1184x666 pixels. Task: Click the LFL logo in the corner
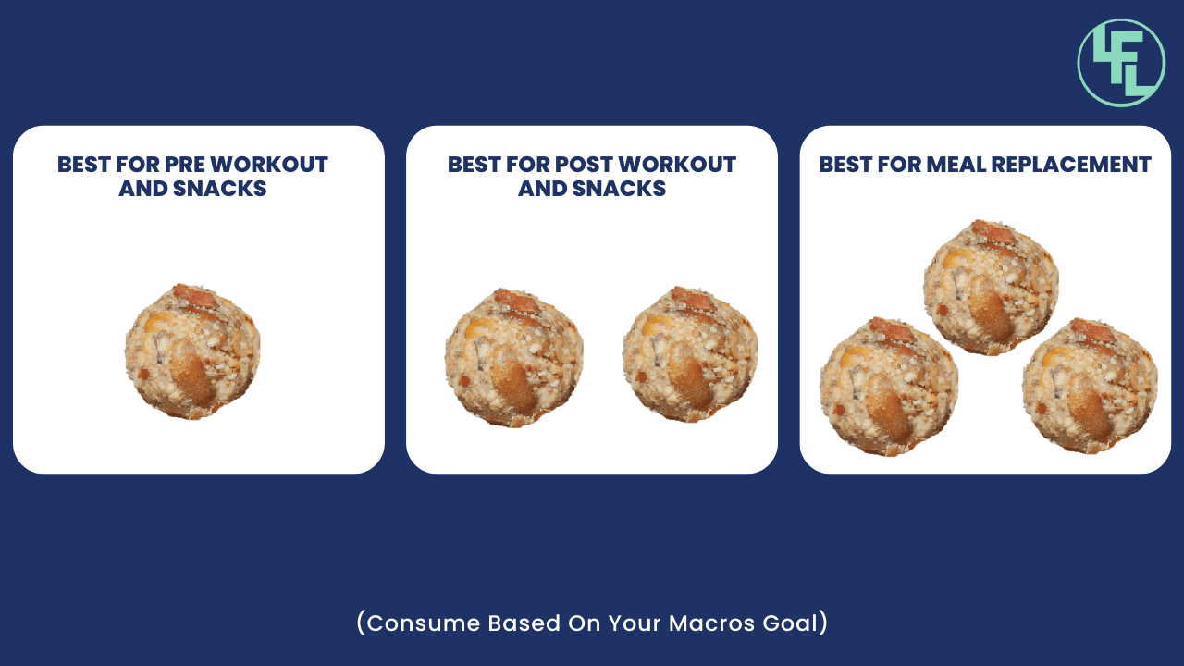click(x=1121, y=63)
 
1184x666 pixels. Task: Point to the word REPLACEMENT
click(x=1071, y=165)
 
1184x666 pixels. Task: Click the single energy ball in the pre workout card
click(x=192, y=351)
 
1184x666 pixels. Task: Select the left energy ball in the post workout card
click(x=513, y=357)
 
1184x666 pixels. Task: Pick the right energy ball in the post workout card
click(x=690, y=354)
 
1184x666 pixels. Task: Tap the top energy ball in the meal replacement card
click(x=991, y=287)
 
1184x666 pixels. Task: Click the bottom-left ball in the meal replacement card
click(x=889, y=387)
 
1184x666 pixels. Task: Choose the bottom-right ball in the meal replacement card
click(x=1090, y=386)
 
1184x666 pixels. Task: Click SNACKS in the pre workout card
click(x=220, y=188)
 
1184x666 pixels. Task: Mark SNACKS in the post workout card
click(x=619, y=188)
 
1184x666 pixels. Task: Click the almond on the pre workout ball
click(x=193, y=373)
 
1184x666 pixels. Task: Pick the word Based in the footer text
click(x=524, y=623)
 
